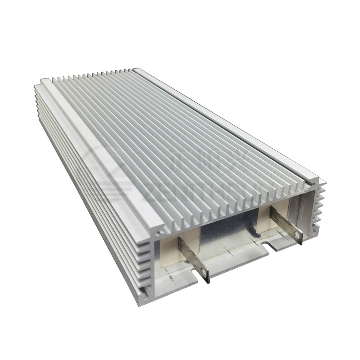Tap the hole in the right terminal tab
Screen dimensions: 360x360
[x=298, y=237]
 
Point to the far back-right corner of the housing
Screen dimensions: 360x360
[x=139, y=70]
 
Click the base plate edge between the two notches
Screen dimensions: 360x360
[x=235, y=264]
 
